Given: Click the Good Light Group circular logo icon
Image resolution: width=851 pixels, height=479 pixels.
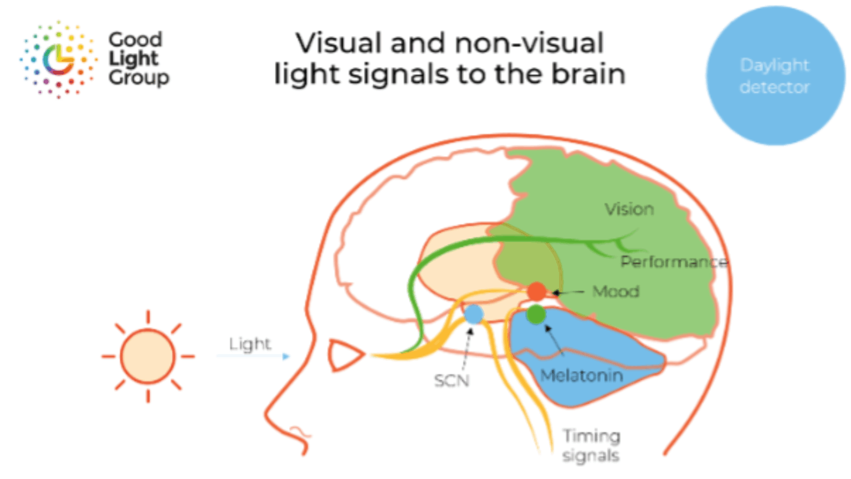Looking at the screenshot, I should coord(58,59).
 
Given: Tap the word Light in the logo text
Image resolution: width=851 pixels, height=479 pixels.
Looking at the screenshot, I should coord(134,58).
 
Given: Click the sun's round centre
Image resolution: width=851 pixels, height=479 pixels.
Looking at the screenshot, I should coord(148,356).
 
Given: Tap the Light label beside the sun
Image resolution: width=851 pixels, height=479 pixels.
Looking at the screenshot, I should coord(250,344).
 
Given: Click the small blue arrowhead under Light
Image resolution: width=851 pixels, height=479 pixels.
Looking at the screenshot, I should coord(286,356).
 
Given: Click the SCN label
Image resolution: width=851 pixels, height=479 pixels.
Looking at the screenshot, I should coord(452,381).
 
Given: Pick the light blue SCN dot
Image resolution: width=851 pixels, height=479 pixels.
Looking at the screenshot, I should coord(473,314).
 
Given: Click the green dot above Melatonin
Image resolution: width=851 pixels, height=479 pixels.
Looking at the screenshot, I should coord(536,314).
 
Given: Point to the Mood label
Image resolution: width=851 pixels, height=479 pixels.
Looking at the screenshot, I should coord(616,291).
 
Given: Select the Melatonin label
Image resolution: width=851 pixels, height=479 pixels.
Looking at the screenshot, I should coord(581,375).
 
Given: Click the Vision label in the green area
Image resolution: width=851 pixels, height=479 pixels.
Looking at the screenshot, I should coord(629,209).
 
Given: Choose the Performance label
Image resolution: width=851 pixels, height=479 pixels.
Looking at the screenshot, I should coord(674,261).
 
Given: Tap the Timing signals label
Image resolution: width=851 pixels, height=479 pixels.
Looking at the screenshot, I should coord(591,446).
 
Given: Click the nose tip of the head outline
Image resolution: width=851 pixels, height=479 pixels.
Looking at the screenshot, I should coord(268,413).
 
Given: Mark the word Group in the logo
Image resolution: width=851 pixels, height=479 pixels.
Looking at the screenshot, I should coord(139,78).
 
